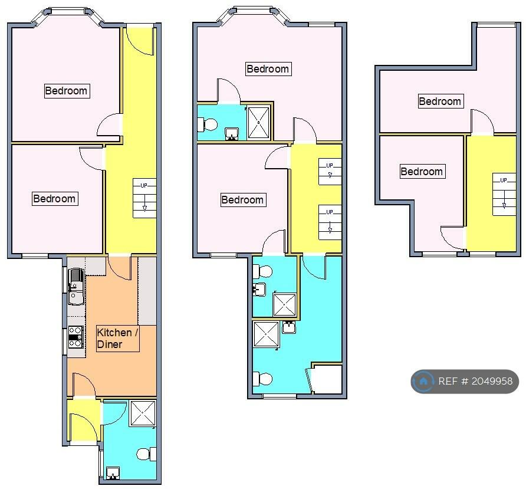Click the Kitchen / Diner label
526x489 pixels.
point(117,339)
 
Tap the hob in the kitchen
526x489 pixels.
point(75,337)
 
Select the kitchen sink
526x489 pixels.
point(76,287)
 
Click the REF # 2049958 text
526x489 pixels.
point(475,381)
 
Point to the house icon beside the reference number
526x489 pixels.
point(423,381)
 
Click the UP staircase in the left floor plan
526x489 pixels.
point(144,198)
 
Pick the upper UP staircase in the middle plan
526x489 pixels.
point(330,172)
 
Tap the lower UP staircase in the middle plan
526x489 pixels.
point(330,222)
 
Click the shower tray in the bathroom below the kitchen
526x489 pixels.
point(143,413)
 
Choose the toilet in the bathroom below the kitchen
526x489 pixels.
point(146,454)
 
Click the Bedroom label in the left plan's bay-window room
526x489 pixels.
point(67,91)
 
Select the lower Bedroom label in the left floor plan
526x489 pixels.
point(55,199)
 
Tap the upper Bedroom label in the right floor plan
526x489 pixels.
point(440,101)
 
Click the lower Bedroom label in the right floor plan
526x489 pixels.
point(422,172)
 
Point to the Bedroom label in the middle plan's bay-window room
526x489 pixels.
point(268,69)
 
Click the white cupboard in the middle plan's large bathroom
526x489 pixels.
point(327,379)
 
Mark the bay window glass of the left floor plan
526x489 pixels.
point(67,12)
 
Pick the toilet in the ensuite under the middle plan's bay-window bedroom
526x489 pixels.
point(207,124)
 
